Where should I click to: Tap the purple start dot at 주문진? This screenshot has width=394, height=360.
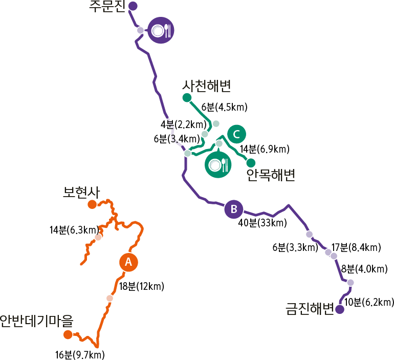pyautogui.click(x=133, y=6)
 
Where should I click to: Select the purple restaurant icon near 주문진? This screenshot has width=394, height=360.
pyautogui.click(x=161, y=31)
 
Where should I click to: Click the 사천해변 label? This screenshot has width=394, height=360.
pyautogui.click(x=207, y=86)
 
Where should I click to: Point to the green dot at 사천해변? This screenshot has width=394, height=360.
pyautogui.click(x=187, y=97)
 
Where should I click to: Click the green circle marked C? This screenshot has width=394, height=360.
pyautogui.click(x=236, y=134)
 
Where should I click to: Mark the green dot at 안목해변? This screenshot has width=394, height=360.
pyautogui.click(x=251, y=163)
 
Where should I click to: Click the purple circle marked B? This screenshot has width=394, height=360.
pyautogui.click(x=234, y=209)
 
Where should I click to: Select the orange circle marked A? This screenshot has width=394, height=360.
pyautogui.click(x=128, y=262)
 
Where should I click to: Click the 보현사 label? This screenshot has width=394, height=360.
pyautogui.click(x=80, y=192)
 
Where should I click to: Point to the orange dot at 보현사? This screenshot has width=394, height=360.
pyautogui.click(x=92, y=205)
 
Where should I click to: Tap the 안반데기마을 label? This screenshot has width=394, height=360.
pyautogui.click(x=36, y=321)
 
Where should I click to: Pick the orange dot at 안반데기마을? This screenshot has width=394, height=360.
pyautogui.click(x=68, y=334)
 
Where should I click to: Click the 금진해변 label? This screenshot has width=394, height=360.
pyautogui.click(x=309, y=309)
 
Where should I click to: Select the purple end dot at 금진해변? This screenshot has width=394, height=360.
pyautogui.click(x=340, y=309)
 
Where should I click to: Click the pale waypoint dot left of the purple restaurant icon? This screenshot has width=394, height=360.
pyautogui.click(x=140, y=30)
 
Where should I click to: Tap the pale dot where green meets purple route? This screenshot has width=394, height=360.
pyautogui.click(x=188, y=153)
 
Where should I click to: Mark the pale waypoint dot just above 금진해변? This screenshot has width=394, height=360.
pyautogui.click(x=351, y=282)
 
